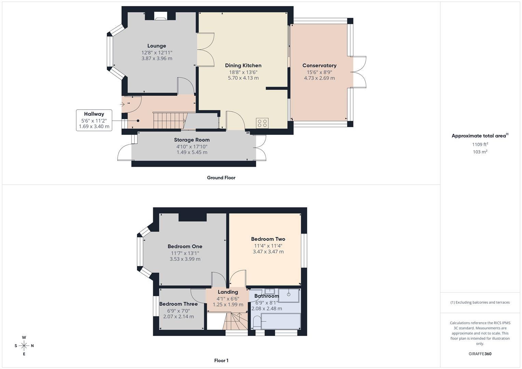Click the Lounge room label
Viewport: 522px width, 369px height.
click(157, 46)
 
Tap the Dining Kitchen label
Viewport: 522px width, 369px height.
click(243, 66)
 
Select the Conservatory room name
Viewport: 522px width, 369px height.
click(319, 66)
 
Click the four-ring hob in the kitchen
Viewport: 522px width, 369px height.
click(262, 123)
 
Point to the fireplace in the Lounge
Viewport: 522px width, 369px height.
click(161, 16)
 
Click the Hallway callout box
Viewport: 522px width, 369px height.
click(94, 120)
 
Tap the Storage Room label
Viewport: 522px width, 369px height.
click(192, 140)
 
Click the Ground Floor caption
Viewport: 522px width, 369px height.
click(221, 178)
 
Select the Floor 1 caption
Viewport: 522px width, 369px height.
click(221, 360)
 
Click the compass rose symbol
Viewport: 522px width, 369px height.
click(24, 346)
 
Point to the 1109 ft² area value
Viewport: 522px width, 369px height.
click(480, 145)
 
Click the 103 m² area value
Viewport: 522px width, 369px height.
click(480, 152)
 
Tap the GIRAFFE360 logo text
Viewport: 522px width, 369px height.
click(480, 354)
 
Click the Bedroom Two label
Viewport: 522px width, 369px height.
click(268, 239)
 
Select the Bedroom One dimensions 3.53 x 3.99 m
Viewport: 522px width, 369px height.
click(185, 259)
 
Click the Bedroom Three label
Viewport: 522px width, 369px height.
click(178, 304)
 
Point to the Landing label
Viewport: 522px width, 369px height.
click(228, 292)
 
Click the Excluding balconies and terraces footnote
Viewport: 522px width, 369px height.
click(480, 302)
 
